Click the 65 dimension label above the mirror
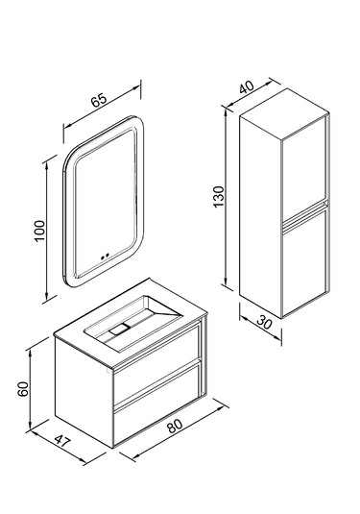(99, 100)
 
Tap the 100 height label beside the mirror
(39, 231)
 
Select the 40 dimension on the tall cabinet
(247, 86)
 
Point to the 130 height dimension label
(219, 196)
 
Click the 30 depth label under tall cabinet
(264, 322)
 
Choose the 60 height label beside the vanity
(23, 389)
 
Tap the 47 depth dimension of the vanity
(62, 441)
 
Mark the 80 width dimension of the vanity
(175, 426)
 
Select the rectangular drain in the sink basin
(120, 328)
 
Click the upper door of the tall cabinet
(303, 171)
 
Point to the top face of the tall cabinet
(283, 113)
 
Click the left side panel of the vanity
(84, 391)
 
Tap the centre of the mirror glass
(105, 201)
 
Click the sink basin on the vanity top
(133, 323)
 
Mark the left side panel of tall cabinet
(261, 216)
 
